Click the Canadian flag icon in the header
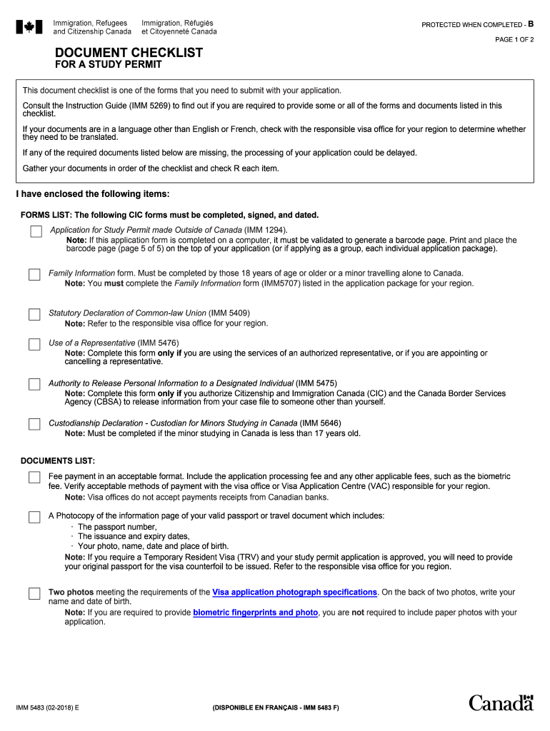(29, 27)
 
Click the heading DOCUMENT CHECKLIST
(129, 53)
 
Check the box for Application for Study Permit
(36, 231)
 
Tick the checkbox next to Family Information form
(34, 275)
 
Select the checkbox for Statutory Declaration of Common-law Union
(34, 315)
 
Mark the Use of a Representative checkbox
(34, 345)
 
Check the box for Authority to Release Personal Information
(34, 385)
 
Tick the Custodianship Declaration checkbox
(34, 425)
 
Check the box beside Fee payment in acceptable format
(34, 478)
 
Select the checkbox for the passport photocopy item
(34, 518)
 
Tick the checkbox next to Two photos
(34, 594)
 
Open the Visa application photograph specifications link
(294, 593)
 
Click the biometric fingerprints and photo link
(255, 612)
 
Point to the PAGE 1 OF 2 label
(514, 40)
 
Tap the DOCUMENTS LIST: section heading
(58, 461)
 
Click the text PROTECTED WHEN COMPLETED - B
(477, 25)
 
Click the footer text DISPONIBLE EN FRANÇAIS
(275, 707)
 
